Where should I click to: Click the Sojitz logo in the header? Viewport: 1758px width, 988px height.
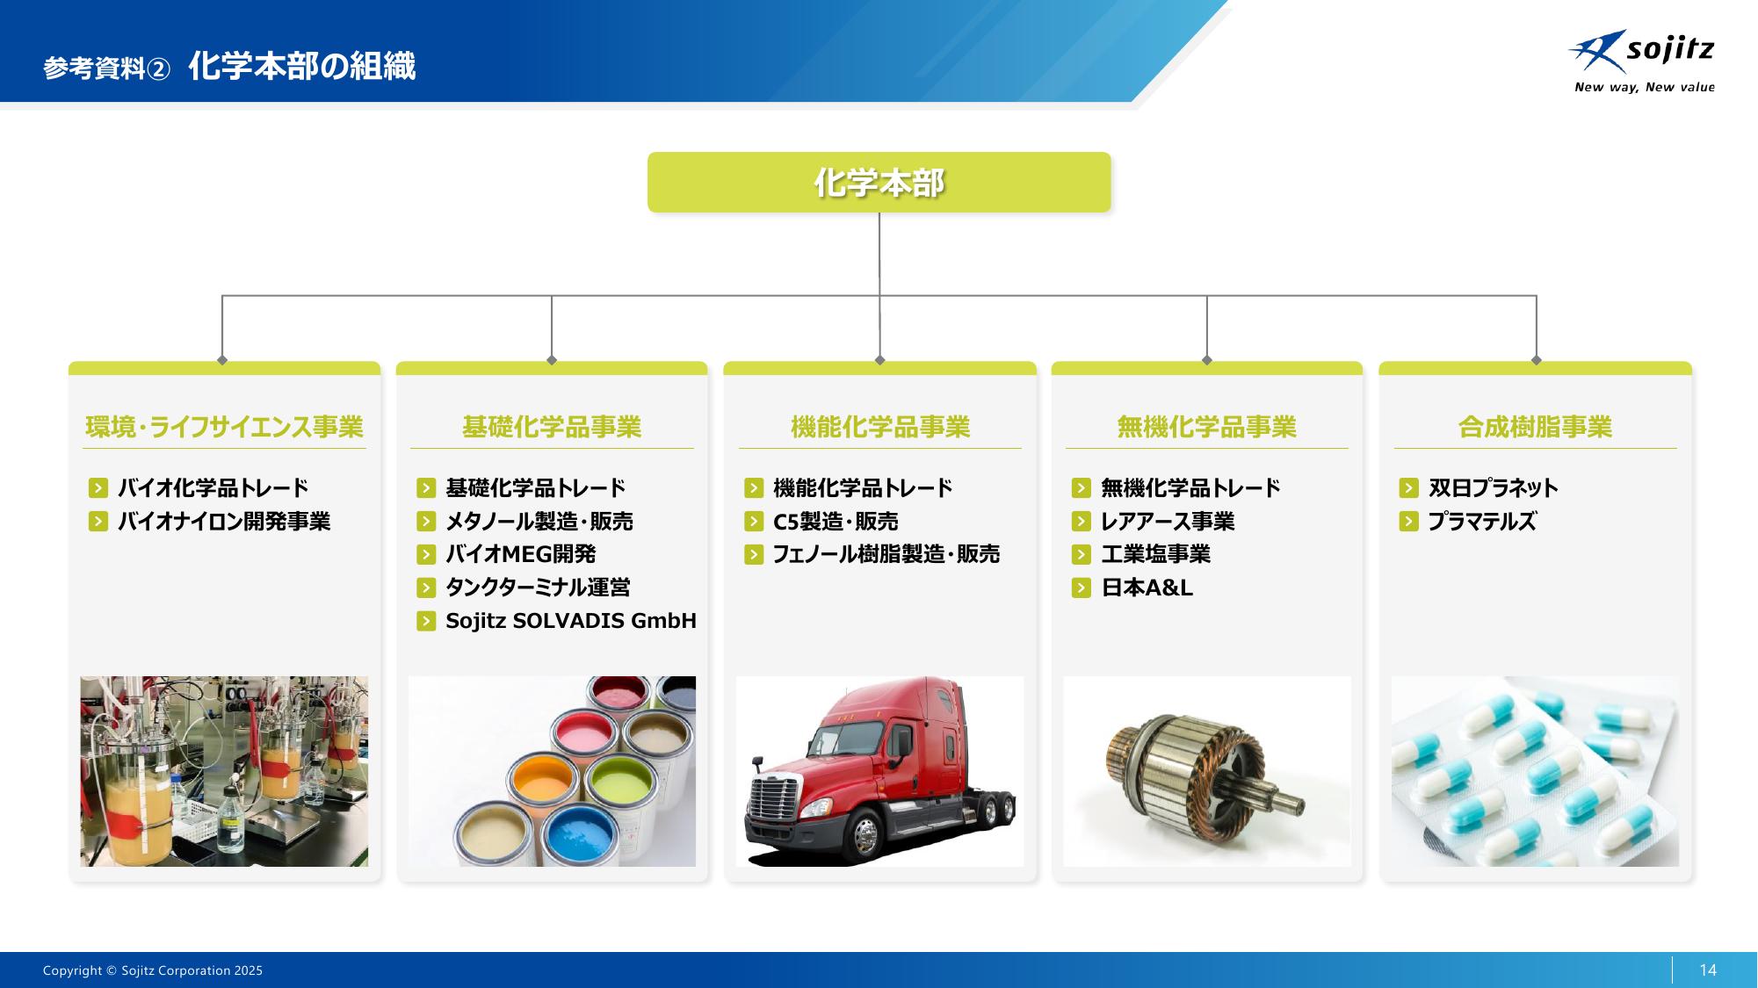click(x=1641, y=61)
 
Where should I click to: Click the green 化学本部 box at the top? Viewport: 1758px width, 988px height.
click(x=879, y=182)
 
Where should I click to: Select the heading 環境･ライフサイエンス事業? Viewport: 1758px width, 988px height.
click(x=224, y=427)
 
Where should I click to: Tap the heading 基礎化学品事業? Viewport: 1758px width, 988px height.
click(x=552, y=427)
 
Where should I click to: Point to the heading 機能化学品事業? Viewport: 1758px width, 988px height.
click(x=880, y=427)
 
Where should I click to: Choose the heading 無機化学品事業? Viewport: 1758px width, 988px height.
click(x=1207, y=427)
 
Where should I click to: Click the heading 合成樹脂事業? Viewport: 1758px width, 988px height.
click(x=1536, y=427)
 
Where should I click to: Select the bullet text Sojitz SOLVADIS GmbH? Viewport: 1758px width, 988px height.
click(x=571, y=621)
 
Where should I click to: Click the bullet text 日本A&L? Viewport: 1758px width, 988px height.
click(x=1147, y=588)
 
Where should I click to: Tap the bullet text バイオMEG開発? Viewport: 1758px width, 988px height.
click(x=521, y=554)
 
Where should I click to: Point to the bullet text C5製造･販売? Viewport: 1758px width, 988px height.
click(x=836, y=522)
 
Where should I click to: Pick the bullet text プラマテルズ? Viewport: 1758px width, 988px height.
click(x=1482, y=522)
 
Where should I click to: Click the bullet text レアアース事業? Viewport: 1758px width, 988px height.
click(x=1168, y=522)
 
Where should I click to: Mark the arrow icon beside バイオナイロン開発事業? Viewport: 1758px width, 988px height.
click(x=98, y=522)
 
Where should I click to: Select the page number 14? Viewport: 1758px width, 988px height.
click(x=1708, y=970)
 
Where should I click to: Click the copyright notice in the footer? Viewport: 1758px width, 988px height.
click(x=153, y=970)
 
